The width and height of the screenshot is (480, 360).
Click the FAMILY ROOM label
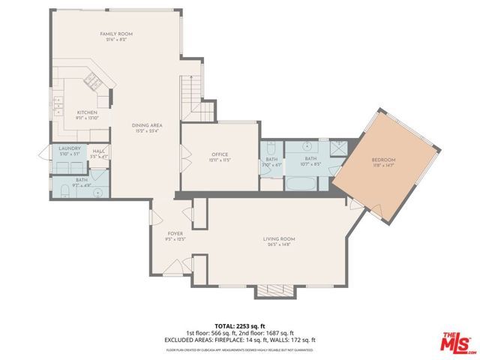tap(116, 34)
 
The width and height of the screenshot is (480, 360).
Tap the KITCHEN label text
tap(87, 113)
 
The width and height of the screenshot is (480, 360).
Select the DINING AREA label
tap(147, 125)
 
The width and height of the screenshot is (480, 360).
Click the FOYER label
tap(174, 234)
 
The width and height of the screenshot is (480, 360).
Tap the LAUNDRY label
tap(69, 148)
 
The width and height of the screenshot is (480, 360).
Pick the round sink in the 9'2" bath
tap(97, 191)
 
